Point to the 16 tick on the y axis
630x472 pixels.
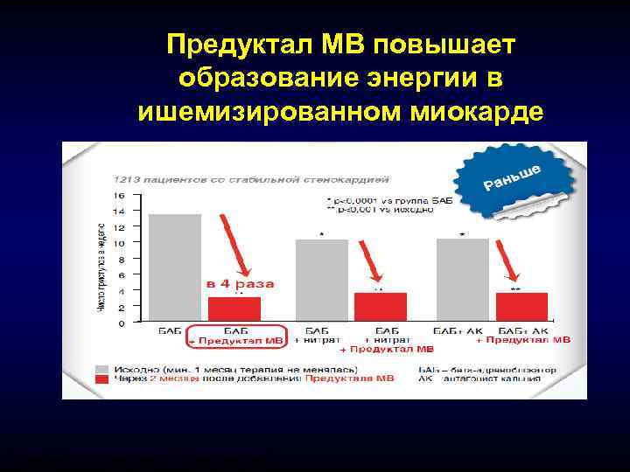(x=119, y=196)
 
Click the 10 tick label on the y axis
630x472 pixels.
(x=119, y=243)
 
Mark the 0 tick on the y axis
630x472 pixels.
(x=121, y=323)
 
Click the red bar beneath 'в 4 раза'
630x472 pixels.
(x=234, y=309)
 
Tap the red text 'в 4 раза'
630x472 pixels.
(x=240, y=284)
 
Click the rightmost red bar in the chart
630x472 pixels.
(x=521, y=307)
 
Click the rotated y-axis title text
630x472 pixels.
(x=100, y=267)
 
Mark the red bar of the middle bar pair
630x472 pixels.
(x=380, y=307)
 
